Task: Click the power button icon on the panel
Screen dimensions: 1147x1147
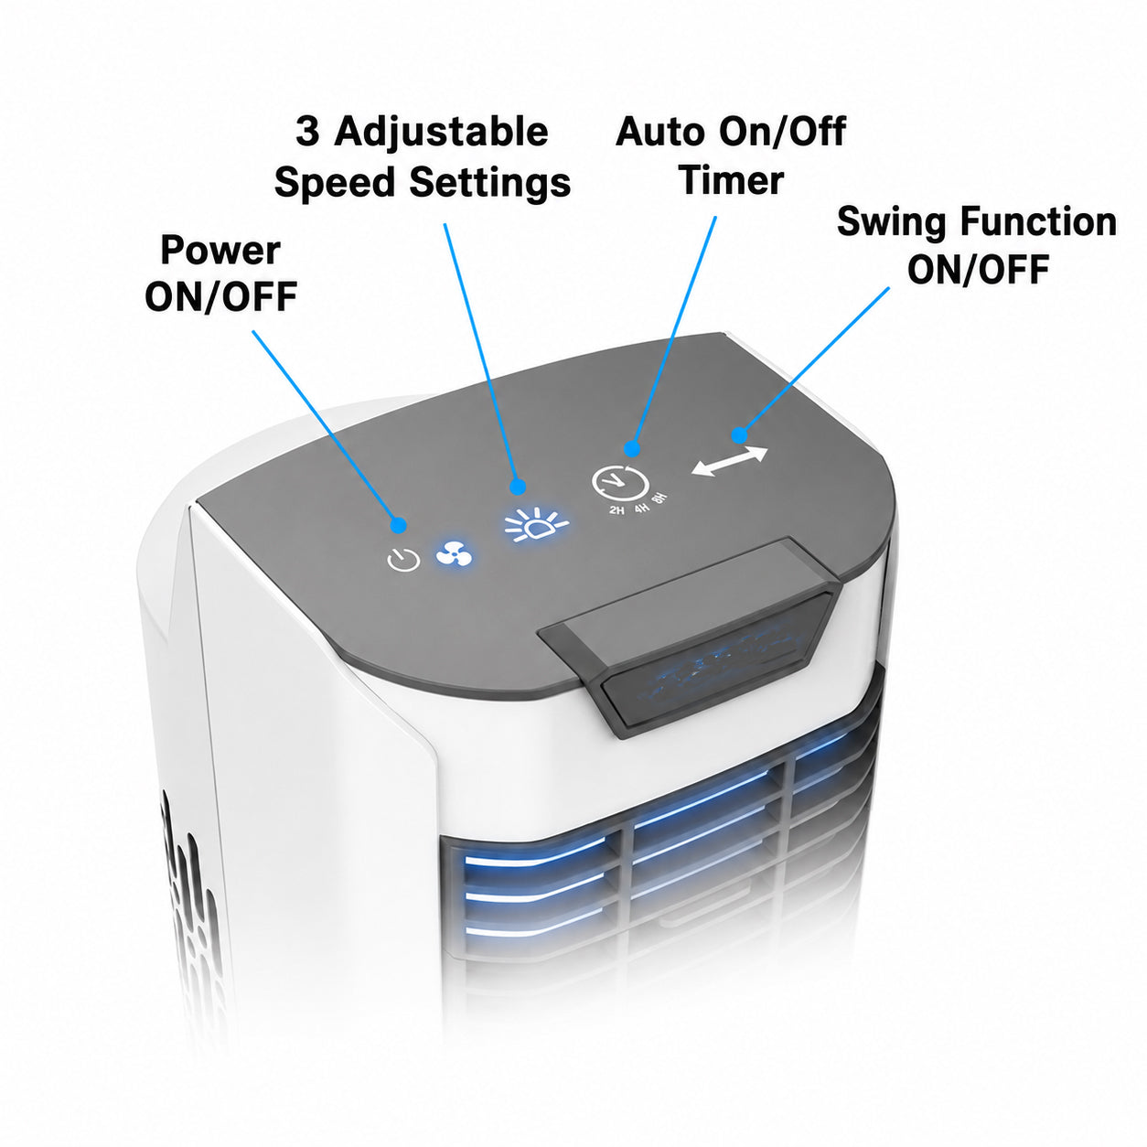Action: click(403, 560)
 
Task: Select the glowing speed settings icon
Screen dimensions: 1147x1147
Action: click(536, 523)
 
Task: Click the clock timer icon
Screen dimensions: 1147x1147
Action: click(619, 481)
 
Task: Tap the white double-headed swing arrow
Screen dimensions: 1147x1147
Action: click(729, 461)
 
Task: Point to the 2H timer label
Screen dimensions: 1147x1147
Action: click(616, 510)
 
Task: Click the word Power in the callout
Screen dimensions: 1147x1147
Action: click(220, 251)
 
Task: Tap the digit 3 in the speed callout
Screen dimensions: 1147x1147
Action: click(307, 132)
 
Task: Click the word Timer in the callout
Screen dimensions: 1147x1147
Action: click(732, 180)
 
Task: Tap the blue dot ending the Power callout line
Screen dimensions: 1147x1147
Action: click(398, 525)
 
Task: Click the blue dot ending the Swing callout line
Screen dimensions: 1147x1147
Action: click(739, 435)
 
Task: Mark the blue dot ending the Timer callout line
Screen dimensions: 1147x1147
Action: click(631, 448)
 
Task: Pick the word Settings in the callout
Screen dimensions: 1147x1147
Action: click(489, 185)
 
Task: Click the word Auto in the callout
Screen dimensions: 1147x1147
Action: click(660, 132)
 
